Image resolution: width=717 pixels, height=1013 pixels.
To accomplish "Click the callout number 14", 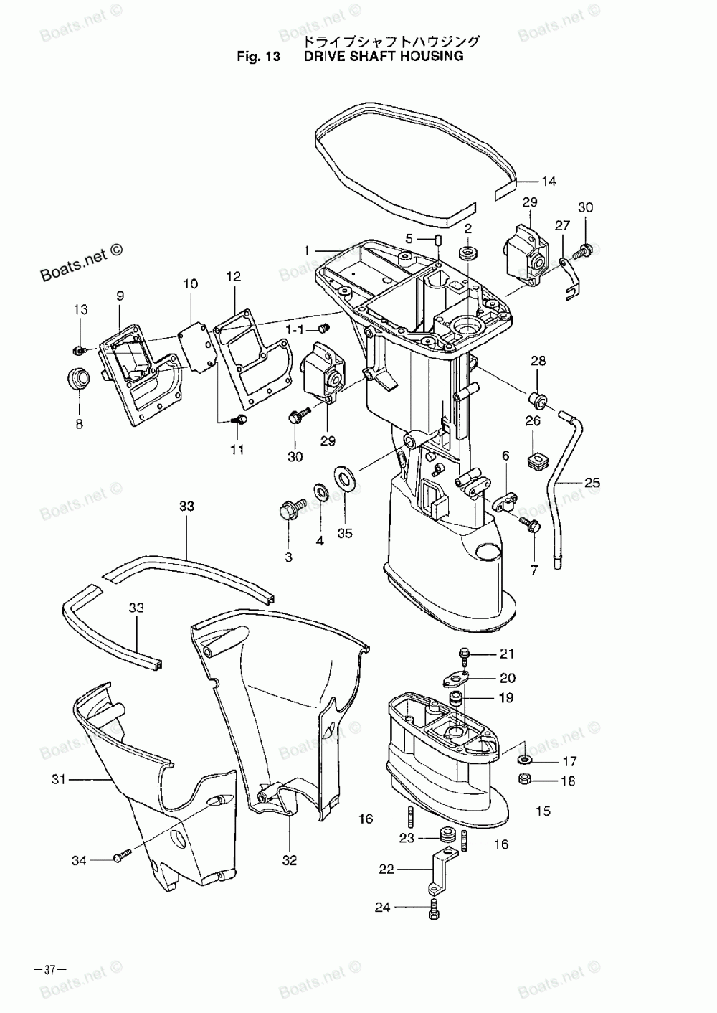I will pyautogui.click(x=548, y=181).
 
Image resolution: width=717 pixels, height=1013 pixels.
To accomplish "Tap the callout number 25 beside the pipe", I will pyautogui.click(x=592, y=483).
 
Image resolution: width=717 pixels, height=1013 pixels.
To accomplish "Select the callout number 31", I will pyautogui.click(x=59, y=778).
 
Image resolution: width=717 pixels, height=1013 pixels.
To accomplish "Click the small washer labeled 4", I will pyautogui.click(x=320, y=493).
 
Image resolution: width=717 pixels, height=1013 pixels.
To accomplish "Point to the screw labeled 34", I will pyautogui.click(x=123, y=855).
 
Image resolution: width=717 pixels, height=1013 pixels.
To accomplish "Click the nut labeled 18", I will pyautogui.click(x=524, y=780).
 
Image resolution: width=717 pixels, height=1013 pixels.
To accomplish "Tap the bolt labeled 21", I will pyautogui.click(x=465, y=654).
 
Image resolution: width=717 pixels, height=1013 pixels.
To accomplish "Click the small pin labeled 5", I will pyautogui.click(x=438, y=240).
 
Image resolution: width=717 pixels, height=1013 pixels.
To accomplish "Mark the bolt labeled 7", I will pyautogui.click(x=532, y=524).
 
